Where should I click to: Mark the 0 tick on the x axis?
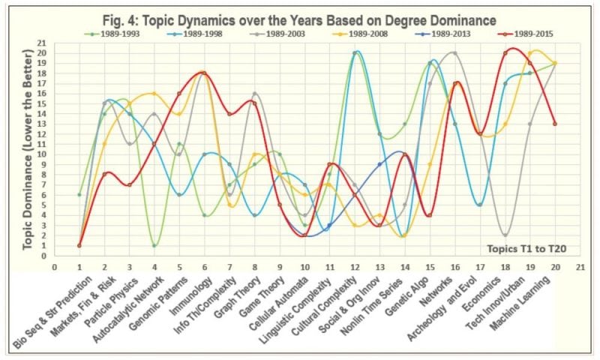tap(54, 265)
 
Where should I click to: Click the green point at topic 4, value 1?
tap(154, 245)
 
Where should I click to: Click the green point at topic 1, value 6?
tap(79, 195)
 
